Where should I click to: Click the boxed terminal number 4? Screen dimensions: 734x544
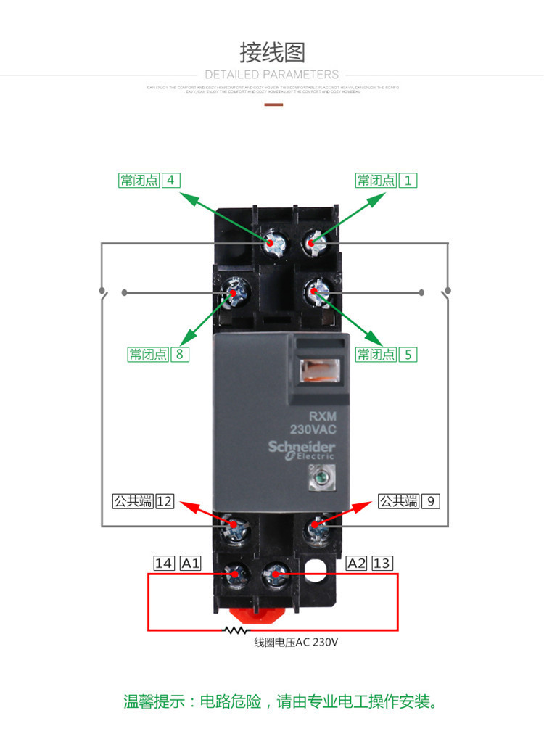click(170, 180)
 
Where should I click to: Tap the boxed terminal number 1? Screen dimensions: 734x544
click(408, 180)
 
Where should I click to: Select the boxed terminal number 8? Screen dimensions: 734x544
click(180, 355)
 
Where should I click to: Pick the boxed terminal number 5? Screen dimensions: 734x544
click(408, 355)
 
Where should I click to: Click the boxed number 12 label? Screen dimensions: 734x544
click(165, 500)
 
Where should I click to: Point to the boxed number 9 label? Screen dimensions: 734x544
click(430, 500)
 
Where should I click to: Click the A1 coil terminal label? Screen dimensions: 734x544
click(190, 563)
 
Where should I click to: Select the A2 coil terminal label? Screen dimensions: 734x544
click(356, 563)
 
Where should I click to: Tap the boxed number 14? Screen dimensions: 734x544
click(164, 563)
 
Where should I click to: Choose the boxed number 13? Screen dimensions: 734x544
click(382, 563)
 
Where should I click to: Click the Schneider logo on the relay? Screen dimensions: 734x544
click(301, 448)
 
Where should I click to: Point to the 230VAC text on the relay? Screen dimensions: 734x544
click(313, 429)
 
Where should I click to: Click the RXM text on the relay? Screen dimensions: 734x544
click(320, 416)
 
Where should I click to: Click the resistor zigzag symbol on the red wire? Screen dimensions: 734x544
click(235, 630)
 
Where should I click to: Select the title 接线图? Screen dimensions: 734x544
click(272, 53)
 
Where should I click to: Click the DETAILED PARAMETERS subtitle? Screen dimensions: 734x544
click(272, 75)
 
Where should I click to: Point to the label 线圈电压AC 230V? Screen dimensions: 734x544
click(296, 643)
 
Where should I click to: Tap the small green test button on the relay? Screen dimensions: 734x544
click(318, 476)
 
